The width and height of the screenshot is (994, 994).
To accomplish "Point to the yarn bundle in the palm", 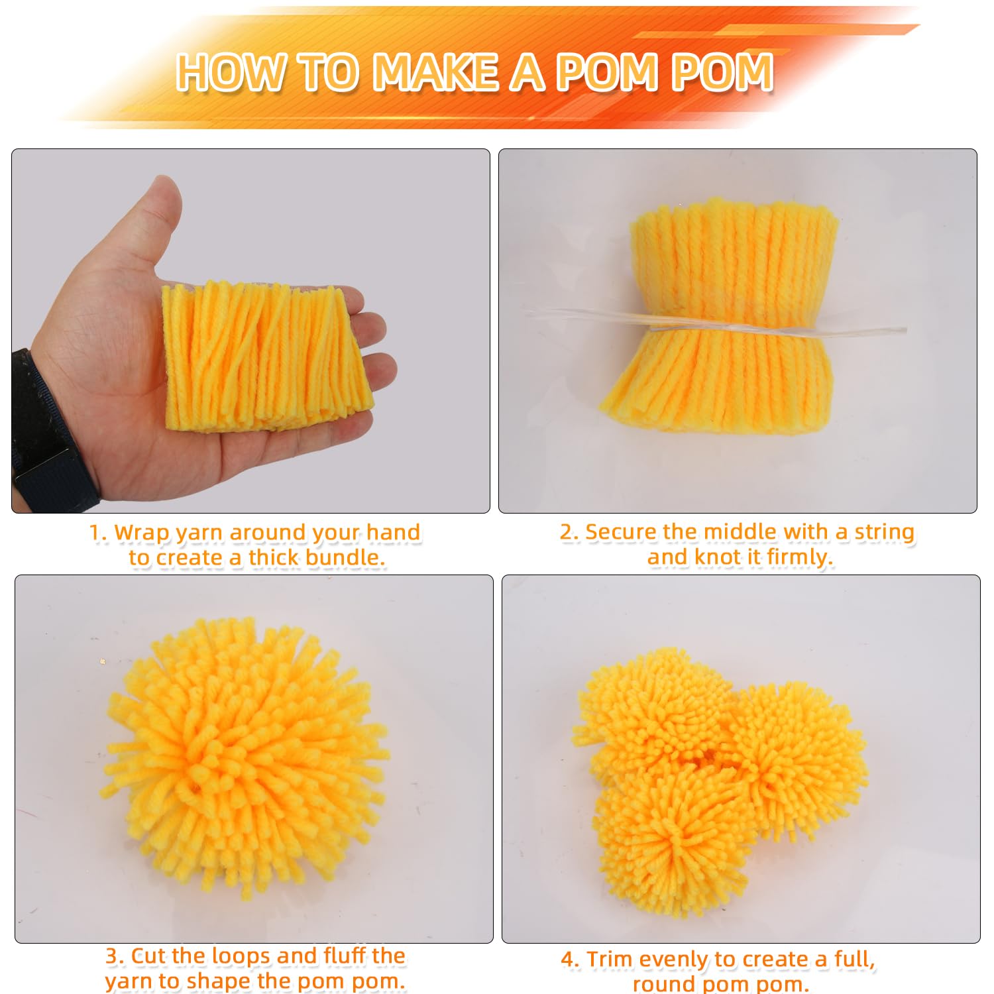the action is tap(266, 357).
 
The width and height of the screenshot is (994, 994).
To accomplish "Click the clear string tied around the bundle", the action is tap(716, 324).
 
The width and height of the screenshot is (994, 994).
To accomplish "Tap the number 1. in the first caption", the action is tap(98, 533).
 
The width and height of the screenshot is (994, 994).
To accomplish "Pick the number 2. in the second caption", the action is tap(569, 532).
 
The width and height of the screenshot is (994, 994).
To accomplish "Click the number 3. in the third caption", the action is tap(115, 956).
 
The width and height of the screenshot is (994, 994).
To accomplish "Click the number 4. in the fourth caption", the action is tap(571, 960).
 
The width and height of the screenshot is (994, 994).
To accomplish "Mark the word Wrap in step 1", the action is tap(142, 533).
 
